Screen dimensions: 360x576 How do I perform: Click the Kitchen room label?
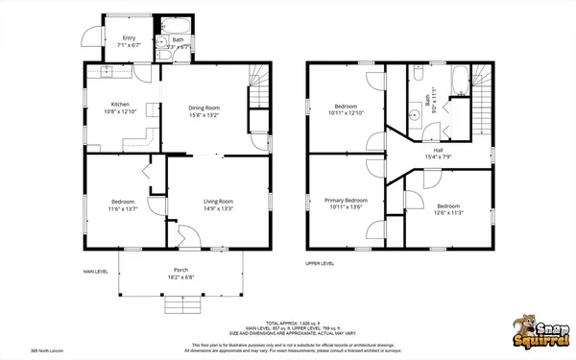point(120,104)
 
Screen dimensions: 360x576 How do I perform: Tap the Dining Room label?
point(204,108)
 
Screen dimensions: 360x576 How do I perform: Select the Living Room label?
point(217,201)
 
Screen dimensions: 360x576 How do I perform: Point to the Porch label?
point(180,270)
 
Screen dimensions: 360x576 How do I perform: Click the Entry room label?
point(128,39)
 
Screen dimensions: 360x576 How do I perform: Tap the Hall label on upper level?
point(437,150)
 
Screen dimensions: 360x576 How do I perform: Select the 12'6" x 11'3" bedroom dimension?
point(449,213)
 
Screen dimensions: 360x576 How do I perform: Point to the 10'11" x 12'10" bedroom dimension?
point(347,112)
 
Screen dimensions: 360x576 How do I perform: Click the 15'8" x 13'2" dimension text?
point(204,115)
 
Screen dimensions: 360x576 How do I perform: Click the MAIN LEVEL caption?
point(95,272)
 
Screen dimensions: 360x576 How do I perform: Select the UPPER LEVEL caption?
point(320,262)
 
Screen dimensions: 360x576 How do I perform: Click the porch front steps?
point(180,305)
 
